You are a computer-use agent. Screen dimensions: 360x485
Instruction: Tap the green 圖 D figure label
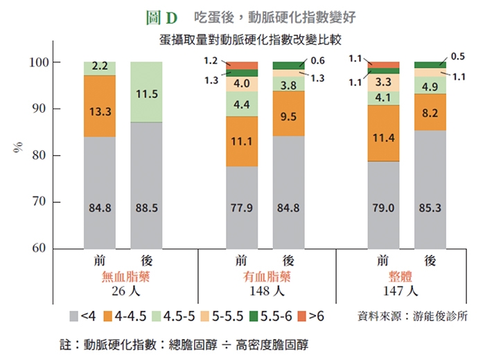(163, 15)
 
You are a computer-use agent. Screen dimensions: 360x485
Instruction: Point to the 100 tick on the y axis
(39, 63)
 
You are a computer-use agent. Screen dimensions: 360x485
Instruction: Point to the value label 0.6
(318, 60)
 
